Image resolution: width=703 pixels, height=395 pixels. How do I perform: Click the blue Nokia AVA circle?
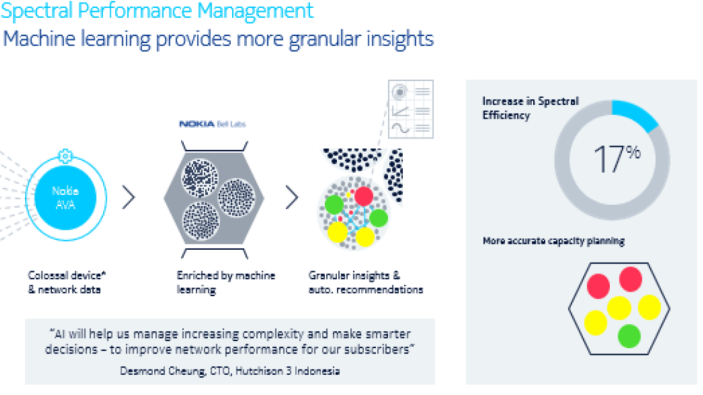[x=65, y=198]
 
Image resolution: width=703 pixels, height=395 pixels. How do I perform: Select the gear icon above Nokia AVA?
[x=65, y=156]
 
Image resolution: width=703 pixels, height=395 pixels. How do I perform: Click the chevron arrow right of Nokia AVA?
[x=129, y=197]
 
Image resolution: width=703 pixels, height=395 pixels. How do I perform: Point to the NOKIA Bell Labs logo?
[x=212, y=124]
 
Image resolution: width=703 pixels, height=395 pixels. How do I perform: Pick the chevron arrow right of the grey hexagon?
[x=292, y=197]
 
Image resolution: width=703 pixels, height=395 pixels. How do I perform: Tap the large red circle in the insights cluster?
[x=364, y=196]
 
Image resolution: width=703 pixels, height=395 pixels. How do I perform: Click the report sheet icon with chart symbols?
[x=411, y=109]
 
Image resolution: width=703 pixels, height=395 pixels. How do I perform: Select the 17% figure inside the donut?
[x=617, y=159]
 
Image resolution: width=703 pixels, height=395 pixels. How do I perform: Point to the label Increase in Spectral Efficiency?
[x=531, y=108]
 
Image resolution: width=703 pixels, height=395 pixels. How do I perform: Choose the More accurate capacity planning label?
[x=554, y=241]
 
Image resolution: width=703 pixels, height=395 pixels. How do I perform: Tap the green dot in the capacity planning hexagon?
[x=629, y=336]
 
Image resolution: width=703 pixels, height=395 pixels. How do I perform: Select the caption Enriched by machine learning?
[x=226, y=283]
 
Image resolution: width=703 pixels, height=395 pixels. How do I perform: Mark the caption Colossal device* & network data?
[x=67, y=283]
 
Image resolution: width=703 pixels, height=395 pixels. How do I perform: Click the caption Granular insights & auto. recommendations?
[x=366, y=283]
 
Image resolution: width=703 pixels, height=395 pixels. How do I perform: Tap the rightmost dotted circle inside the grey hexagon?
[x=236, y=198]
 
